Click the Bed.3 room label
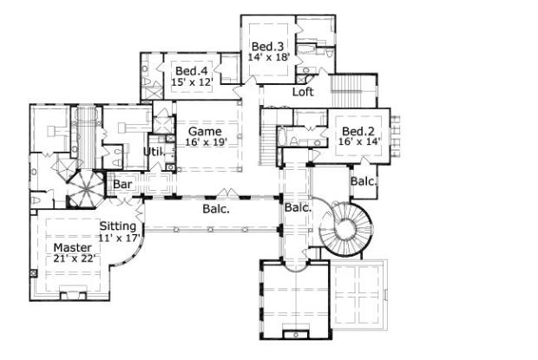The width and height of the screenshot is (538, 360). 265,46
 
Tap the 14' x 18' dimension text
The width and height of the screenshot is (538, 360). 268,56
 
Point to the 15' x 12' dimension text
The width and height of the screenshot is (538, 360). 192,81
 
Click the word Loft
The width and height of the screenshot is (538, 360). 302,91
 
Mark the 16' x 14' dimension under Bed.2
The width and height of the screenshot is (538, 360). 358,142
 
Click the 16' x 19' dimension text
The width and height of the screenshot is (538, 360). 205,142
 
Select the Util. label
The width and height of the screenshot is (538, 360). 153,152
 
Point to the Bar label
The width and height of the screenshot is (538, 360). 121,184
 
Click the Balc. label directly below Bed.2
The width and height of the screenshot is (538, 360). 363,181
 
